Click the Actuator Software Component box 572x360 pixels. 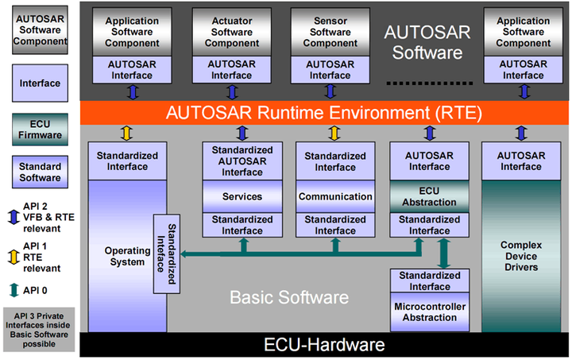232,32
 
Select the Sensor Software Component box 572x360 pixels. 330,32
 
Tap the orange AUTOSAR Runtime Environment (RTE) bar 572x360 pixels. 324,113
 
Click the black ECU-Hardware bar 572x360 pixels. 324,344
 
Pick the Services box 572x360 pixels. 242,196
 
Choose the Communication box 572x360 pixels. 335,196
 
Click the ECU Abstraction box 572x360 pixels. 429,196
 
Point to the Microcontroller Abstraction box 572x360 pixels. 430,312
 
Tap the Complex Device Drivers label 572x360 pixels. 521,256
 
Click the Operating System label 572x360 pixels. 127,256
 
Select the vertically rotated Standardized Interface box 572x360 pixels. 166,254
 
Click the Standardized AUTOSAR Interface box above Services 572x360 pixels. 242,161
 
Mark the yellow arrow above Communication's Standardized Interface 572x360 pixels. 334,134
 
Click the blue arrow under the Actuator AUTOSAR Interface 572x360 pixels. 232,92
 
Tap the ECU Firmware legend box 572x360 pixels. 40,130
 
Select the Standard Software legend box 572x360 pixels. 40,172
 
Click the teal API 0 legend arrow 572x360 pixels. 14,290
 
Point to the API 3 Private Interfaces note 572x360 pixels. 39,330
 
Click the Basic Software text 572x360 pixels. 289,297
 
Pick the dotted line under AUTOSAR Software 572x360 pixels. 430,83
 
